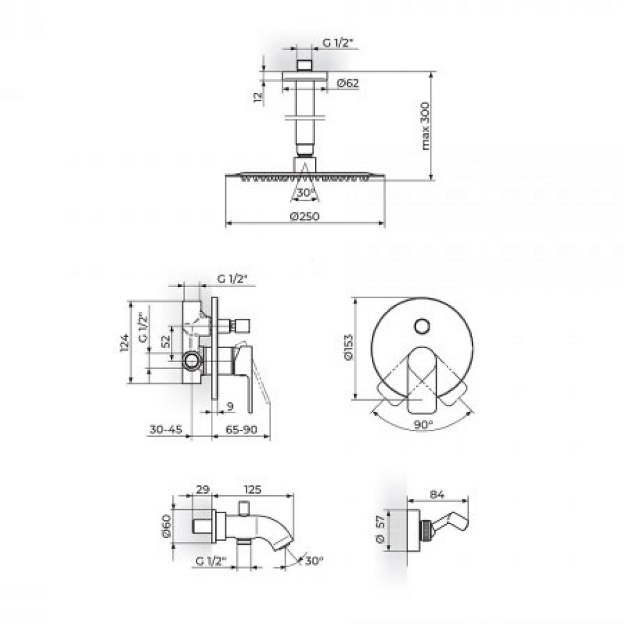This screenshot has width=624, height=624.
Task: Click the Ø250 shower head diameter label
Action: click(x=305, y=216)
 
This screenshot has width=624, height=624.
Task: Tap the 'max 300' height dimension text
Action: click(x=426, y=126)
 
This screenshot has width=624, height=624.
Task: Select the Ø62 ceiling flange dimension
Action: click(x=348, y=83)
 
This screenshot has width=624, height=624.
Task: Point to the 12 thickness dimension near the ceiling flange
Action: click(x=258, y=97)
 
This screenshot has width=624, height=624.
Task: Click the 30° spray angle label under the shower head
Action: click(x=305, y=193)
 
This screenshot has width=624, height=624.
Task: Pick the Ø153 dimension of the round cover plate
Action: click(x=348, y=348)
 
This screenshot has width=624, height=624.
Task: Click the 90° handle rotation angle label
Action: click(x=422, y=424)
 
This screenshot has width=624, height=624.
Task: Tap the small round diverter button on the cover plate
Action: click(x=422, y=326)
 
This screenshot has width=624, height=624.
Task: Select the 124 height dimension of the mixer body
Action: click(x=125, y=343)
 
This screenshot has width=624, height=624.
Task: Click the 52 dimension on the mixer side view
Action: click(x=165, y=341)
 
